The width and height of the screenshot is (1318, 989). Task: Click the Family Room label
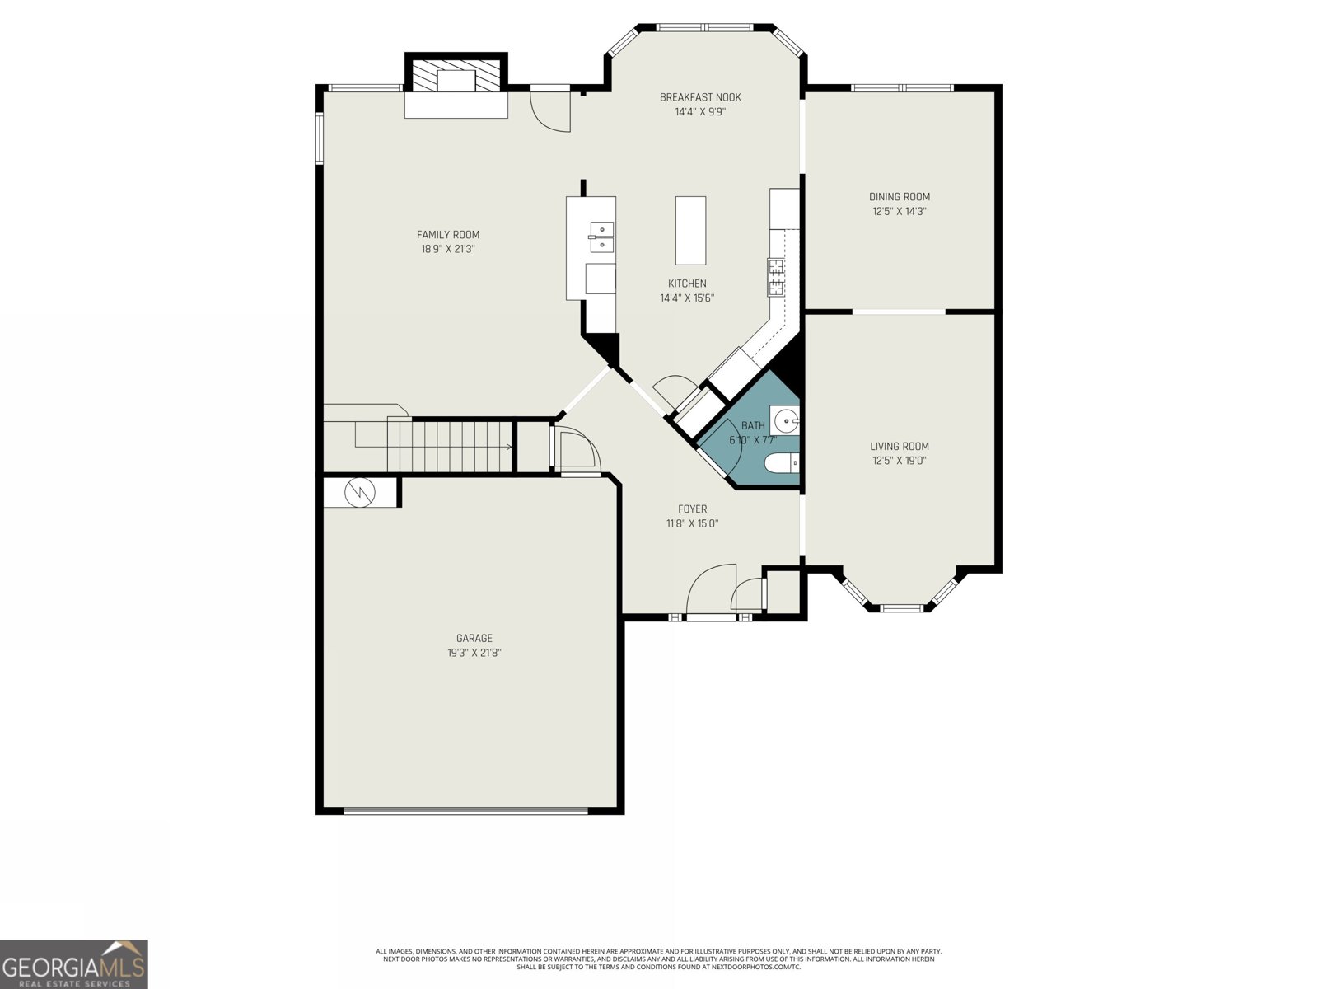tap(447, 235)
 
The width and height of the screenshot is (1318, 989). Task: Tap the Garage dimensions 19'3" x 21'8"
tap(474, 653)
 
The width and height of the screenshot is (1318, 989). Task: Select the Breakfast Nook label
tap(699, 97)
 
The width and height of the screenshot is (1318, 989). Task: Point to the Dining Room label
tap(900, 196)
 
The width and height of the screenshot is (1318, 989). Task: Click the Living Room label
tap(900, 446)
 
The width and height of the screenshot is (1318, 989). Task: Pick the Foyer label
tap(692, 509)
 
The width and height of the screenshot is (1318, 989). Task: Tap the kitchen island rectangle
tap(690, 230)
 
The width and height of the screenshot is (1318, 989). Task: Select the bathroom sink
tap(786, 420)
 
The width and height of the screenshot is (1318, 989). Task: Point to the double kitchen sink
tap(601, 237)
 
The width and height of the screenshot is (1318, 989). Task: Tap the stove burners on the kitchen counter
tap(775, 276)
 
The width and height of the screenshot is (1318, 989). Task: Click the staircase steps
tap(449, 445)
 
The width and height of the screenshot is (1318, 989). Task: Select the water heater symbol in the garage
tap(360, 493)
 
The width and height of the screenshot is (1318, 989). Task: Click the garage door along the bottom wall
tap(465, 811)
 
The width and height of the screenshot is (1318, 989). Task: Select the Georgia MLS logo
tap(73, 963)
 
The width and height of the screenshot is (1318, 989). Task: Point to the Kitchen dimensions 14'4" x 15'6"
tap(686, 298)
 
